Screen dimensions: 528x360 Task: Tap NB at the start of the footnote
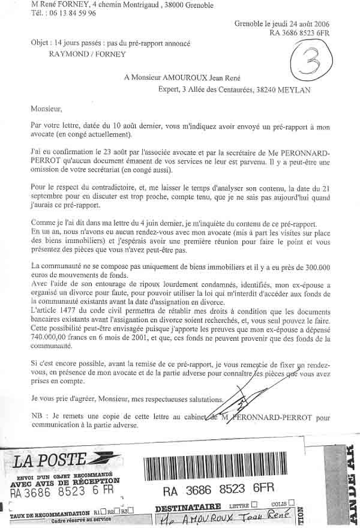click(37, 416)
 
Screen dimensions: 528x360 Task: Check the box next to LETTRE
click(255, 505)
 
